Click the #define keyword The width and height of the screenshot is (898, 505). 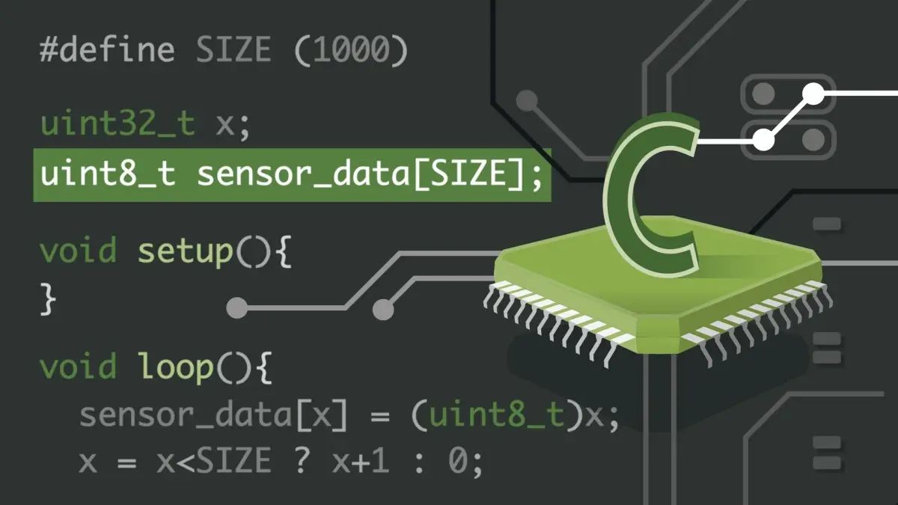pyautogui.click(x=107, y=49)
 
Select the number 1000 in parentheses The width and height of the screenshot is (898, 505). pyautogui.click(x=351, y=49)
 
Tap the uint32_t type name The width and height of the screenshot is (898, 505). pyautogui.click(x=118, y=123)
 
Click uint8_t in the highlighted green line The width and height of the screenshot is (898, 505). pyautogui.click(x=108, y=174)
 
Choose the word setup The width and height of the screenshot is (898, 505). pyautogui.click(x=186, y=251)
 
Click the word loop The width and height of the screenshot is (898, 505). pyautogui.click(x=176, y=367)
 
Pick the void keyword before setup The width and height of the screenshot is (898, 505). pyautogui.click(x=79, y=250)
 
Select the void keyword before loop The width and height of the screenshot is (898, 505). pyautogui.click(x=79, y=366)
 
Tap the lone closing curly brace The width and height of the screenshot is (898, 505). pyautogui.click(x=48, y=299)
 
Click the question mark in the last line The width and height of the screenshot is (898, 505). pyautogui.click(x=302, y=460)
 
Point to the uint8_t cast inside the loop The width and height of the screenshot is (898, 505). pyautogui.click(x=497, y=414)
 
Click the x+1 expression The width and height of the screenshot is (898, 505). pyautogui.click(x=361, y=461)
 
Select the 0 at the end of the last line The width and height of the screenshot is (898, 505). pyautogui.click(x=457, y=461)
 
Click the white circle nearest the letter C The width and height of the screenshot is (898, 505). pyautogui.click(x=763, y=140)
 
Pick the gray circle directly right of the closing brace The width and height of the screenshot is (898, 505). pyautogui.click(x=237, y=308)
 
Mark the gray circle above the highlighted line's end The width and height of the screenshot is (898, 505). pyautogui.click(x=527, y=100)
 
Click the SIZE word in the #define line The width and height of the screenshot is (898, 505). pyautogui.click(x=233, y=49)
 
